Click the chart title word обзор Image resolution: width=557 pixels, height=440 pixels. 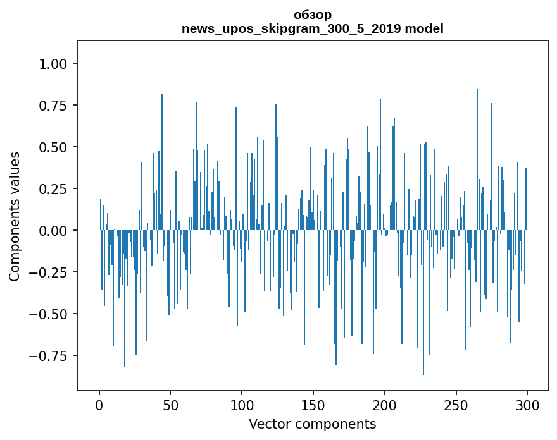(312, 15)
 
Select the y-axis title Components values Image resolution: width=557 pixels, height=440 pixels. (15, 216)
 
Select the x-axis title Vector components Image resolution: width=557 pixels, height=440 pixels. (312, 424)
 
